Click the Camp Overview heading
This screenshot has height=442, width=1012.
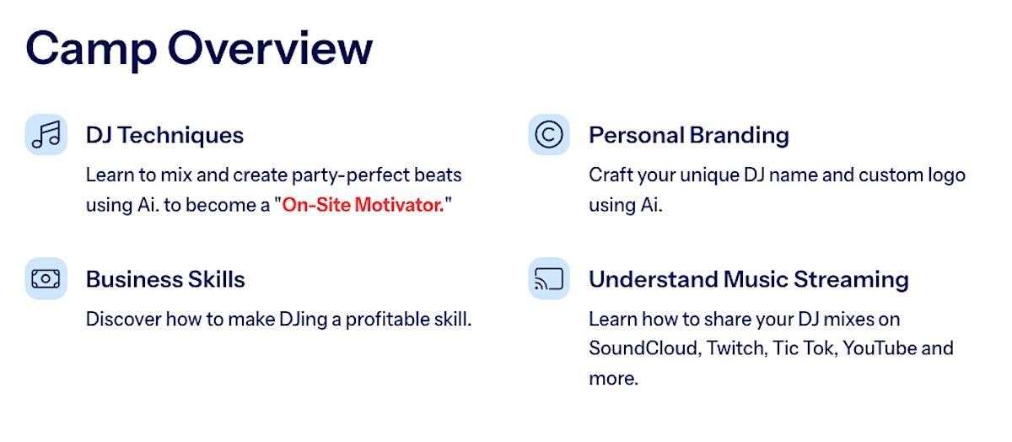coord(199,49)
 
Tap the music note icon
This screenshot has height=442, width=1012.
coord(46,135)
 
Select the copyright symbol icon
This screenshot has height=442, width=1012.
coord(549,135)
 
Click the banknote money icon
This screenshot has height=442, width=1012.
coord(46,278)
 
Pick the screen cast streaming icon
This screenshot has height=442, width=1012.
coord(549,278)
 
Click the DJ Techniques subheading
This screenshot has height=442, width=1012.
coord(165,135)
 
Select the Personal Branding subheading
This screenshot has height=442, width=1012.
coord(689,135)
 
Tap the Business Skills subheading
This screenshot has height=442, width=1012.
coord(165,279)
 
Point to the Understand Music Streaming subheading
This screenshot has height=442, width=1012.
coord(749,279)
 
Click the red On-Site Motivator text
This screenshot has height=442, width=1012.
coord(363,205)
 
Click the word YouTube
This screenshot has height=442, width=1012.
coord(879,348)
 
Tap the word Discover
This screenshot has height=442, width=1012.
coord(123,320)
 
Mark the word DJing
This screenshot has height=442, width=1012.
coord(303,320)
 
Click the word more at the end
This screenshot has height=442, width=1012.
coord(614,379)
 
